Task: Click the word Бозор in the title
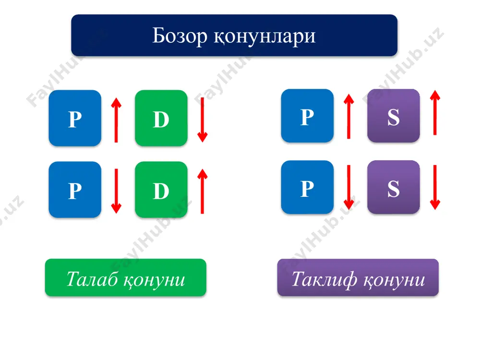pyautogui.click(x=180, y=36)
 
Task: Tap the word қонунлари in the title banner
pyautogui.click(x=264, y=37)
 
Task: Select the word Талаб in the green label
pyautogui.click(x=93, y=279)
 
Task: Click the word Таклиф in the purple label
pyautogui.click(x=324, y=279)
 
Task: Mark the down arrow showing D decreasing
pyautogui.click(x=203, y=120)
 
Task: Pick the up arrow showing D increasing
pyautogui.click(x=203, y=191)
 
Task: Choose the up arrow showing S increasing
pyautogui.click(x=435, y=113)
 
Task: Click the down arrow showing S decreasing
pyautogui.click(x=435, y=187)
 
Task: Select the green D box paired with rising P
pyautogui.click(x=161, y=118)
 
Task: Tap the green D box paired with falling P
pyautogui.click(x=161, y=190)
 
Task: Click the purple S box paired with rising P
pyautogui.click(x=394, y=116)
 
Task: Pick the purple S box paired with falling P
pyautogui.click(x=394, y=187)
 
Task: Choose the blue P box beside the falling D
pyautogui.click(x=75, y=118)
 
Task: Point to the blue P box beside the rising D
pyautogui.click(x=75, y=190)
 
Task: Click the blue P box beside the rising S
pyautogui.click(x=307, y=116)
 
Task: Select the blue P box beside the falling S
pyautogui.click(x=307, y=187)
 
